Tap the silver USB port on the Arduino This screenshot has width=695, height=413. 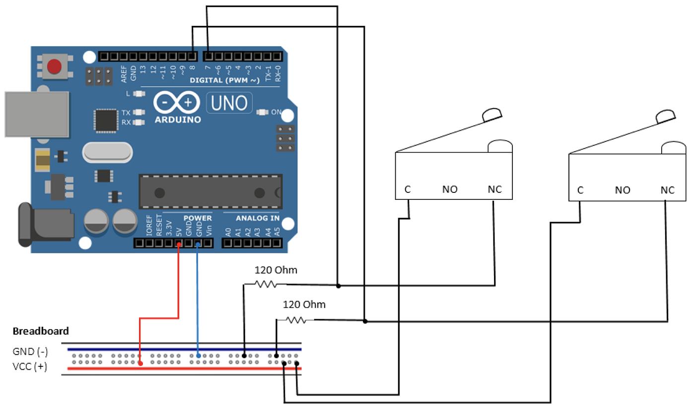(37, 114)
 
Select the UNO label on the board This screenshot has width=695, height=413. (229, 103)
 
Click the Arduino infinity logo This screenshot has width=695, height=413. (177, 103)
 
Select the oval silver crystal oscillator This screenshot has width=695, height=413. (107, 152)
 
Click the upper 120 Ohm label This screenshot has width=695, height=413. (276, 270)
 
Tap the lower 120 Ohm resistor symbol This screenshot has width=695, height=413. (296, 320)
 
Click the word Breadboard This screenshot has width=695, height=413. (41, 331)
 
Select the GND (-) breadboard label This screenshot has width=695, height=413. (30, 352)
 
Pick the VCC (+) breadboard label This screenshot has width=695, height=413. (30, 367)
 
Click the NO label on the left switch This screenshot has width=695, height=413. (450, 189)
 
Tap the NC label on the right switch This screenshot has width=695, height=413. (668, 189)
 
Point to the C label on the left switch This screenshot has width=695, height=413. (408, 189)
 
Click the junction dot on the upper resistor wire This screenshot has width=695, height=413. (338, 286)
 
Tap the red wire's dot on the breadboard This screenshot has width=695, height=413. (140, 364)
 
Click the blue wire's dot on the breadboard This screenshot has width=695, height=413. (198, 355)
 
